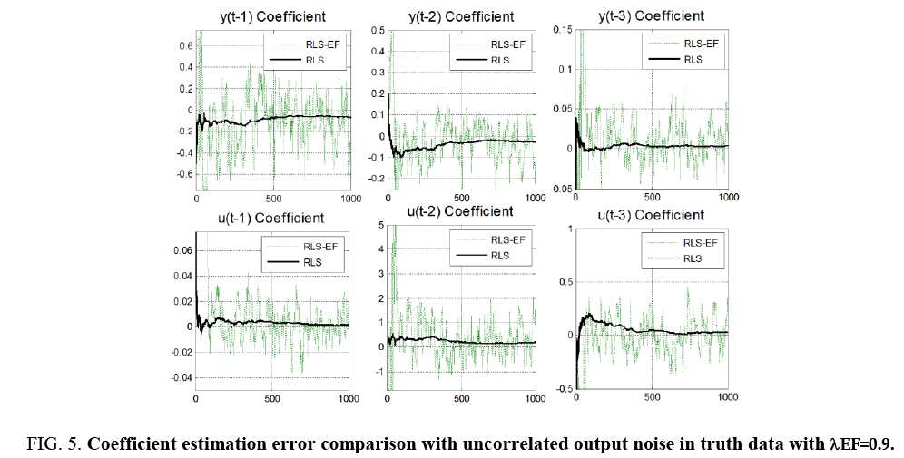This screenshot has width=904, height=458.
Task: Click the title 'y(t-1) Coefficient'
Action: (x=272, y=17)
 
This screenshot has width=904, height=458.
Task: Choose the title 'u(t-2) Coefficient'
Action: (x=459, y=210)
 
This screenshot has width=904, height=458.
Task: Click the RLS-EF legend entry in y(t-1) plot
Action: (x=304, y=44)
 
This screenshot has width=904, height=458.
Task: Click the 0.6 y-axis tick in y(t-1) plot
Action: (x=184, y=46)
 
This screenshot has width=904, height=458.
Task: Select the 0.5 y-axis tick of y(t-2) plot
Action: (x=377, y=29)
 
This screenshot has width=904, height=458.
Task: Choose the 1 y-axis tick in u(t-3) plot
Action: (x=567, y=229)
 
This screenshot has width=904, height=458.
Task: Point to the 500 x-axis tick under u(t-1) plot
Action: (x=272, y=399)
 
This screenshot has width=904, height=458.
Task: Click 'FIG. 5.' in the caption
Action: (x=54, y=444)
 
